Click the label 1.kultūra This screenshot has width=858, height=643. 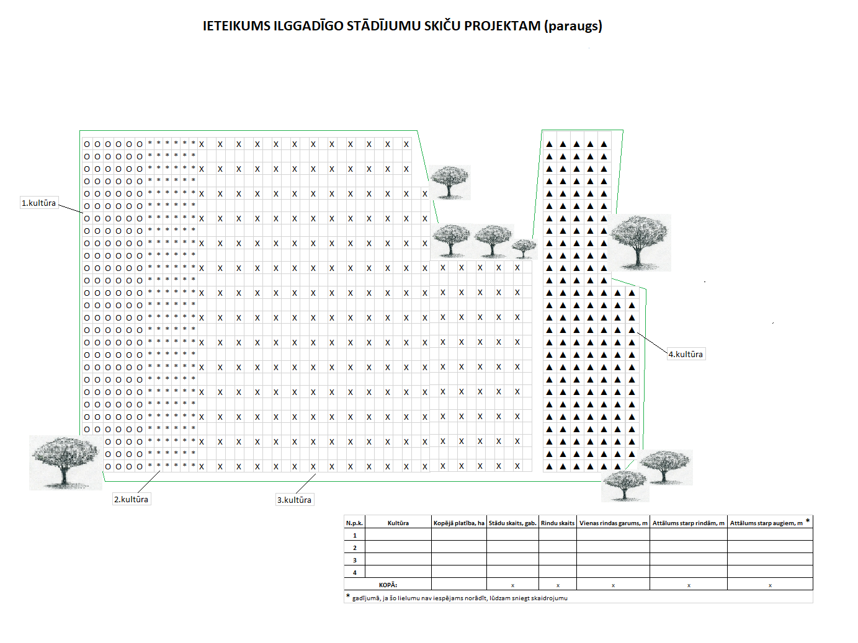tap(38, 203)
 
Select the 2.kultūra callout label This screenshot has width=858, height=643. tap(131, 499)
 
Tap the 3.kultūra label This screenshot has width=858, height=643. tap(294, 500)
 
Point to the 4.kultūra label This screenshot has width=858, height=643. tap(686, 354)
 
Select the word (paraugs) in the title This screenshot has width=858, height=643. tap(573, 26)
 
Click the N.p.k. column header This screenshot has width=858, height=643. tap(354, 523)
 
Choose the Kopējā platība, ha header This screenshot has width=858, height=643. tap(458, 523)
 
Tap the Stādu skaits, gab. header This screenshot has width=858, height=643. tap(512, 523)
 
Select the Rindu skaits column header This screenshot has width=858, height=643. tap(558, 523)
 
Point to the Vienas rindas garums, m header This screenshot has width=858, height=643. tap(613, 523)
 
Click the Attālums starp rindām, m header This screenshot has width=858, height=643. tap(688, 523)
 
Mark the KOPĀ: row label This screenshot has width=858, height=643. tap(388, 585)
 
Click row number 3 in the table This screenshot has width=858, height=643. tap(355, 560)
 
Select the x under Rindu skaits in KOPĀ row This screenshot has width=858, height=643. tap(558, 585)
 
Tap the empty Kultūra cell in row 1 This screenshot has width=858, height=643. tap(398, 535)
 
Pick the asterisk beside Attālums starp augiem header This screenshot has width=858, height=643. tap(807, 520)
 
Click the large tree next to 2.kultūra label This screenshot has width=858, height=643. tap(65, 462)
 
